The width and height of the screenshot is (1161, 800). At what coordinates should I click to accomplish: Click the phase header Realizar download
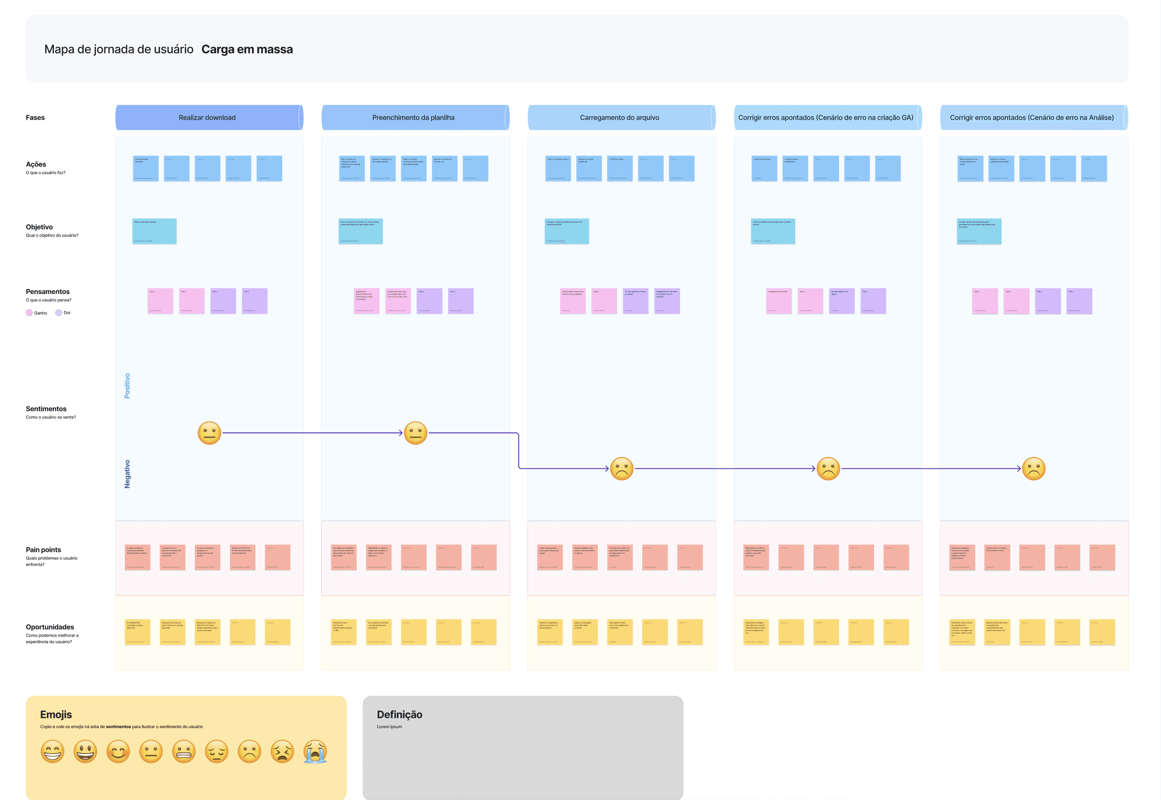207,118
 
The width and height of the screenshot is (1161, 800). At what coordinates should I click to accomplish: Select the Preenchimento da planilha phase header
413,118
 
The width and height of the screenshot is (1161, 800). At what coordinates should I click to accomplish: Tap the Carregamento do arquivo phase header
619,118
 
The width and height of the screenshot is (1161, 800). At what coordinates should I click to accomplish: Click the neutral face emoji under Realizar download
209,433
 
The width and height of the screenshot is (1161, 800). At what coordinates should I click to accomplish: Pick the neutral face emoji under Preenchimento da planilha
416,433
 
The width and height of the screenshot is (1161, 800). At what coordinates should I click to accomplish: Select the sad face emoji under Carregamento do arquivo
622,469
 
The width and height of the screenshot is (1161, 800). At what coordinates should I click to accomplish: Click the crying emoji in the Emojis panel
315,752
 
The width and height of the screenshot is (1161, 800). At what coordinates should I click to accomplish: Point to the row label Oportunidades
50,627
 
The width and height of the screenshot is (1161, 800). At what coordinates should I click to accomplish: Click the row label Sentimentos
46,409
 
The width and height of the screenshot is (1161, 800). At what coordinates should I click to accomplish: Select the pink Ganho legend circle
29,313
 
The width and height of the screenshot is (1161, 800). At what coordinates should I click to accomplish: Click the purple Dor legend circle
59,313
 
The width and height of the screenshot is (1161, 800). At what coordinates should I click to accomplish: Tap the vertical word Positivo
127,386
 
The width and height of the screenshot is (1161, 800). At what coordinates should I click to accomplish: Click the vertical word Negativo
127,474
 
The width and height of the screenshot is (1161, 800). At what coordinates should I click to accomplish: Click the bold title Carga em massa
247,49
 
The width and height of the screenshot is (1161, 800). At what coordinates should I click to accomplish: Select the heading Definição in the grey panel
400,715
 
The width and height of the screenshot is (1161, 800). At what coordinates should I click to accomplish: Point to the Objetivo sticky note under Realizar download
154,231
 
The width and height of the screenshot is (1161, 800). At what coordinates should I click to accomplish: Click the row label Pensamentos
48,292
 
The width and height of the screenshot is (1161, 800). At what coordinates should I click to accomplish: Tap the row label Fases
35,118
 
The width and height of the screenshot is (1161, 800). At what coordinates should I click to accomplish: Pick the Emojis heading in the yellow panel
56,715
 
